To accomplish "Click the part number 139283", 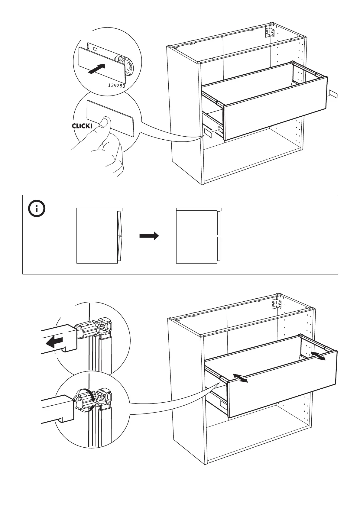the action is [x=116, y=86].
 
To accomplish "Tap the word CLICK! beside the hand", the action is [x=82, y=126].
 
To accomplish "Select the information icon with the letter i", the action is [x=37, y=209].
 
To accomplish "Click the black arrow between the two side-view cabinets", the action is [x=149, y=236].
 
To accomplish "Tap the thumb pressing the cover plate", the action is [x=105, y=123].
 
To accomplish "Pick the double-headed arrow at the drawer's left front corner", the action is [x=241, y=378].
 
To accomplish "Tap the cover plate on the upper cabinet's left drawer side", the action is [x=209, y=133].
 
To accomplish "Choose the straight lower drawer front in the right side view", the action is [x=219, y=249].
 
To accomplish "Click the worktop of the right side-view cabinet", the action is [x=199, y=209].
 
